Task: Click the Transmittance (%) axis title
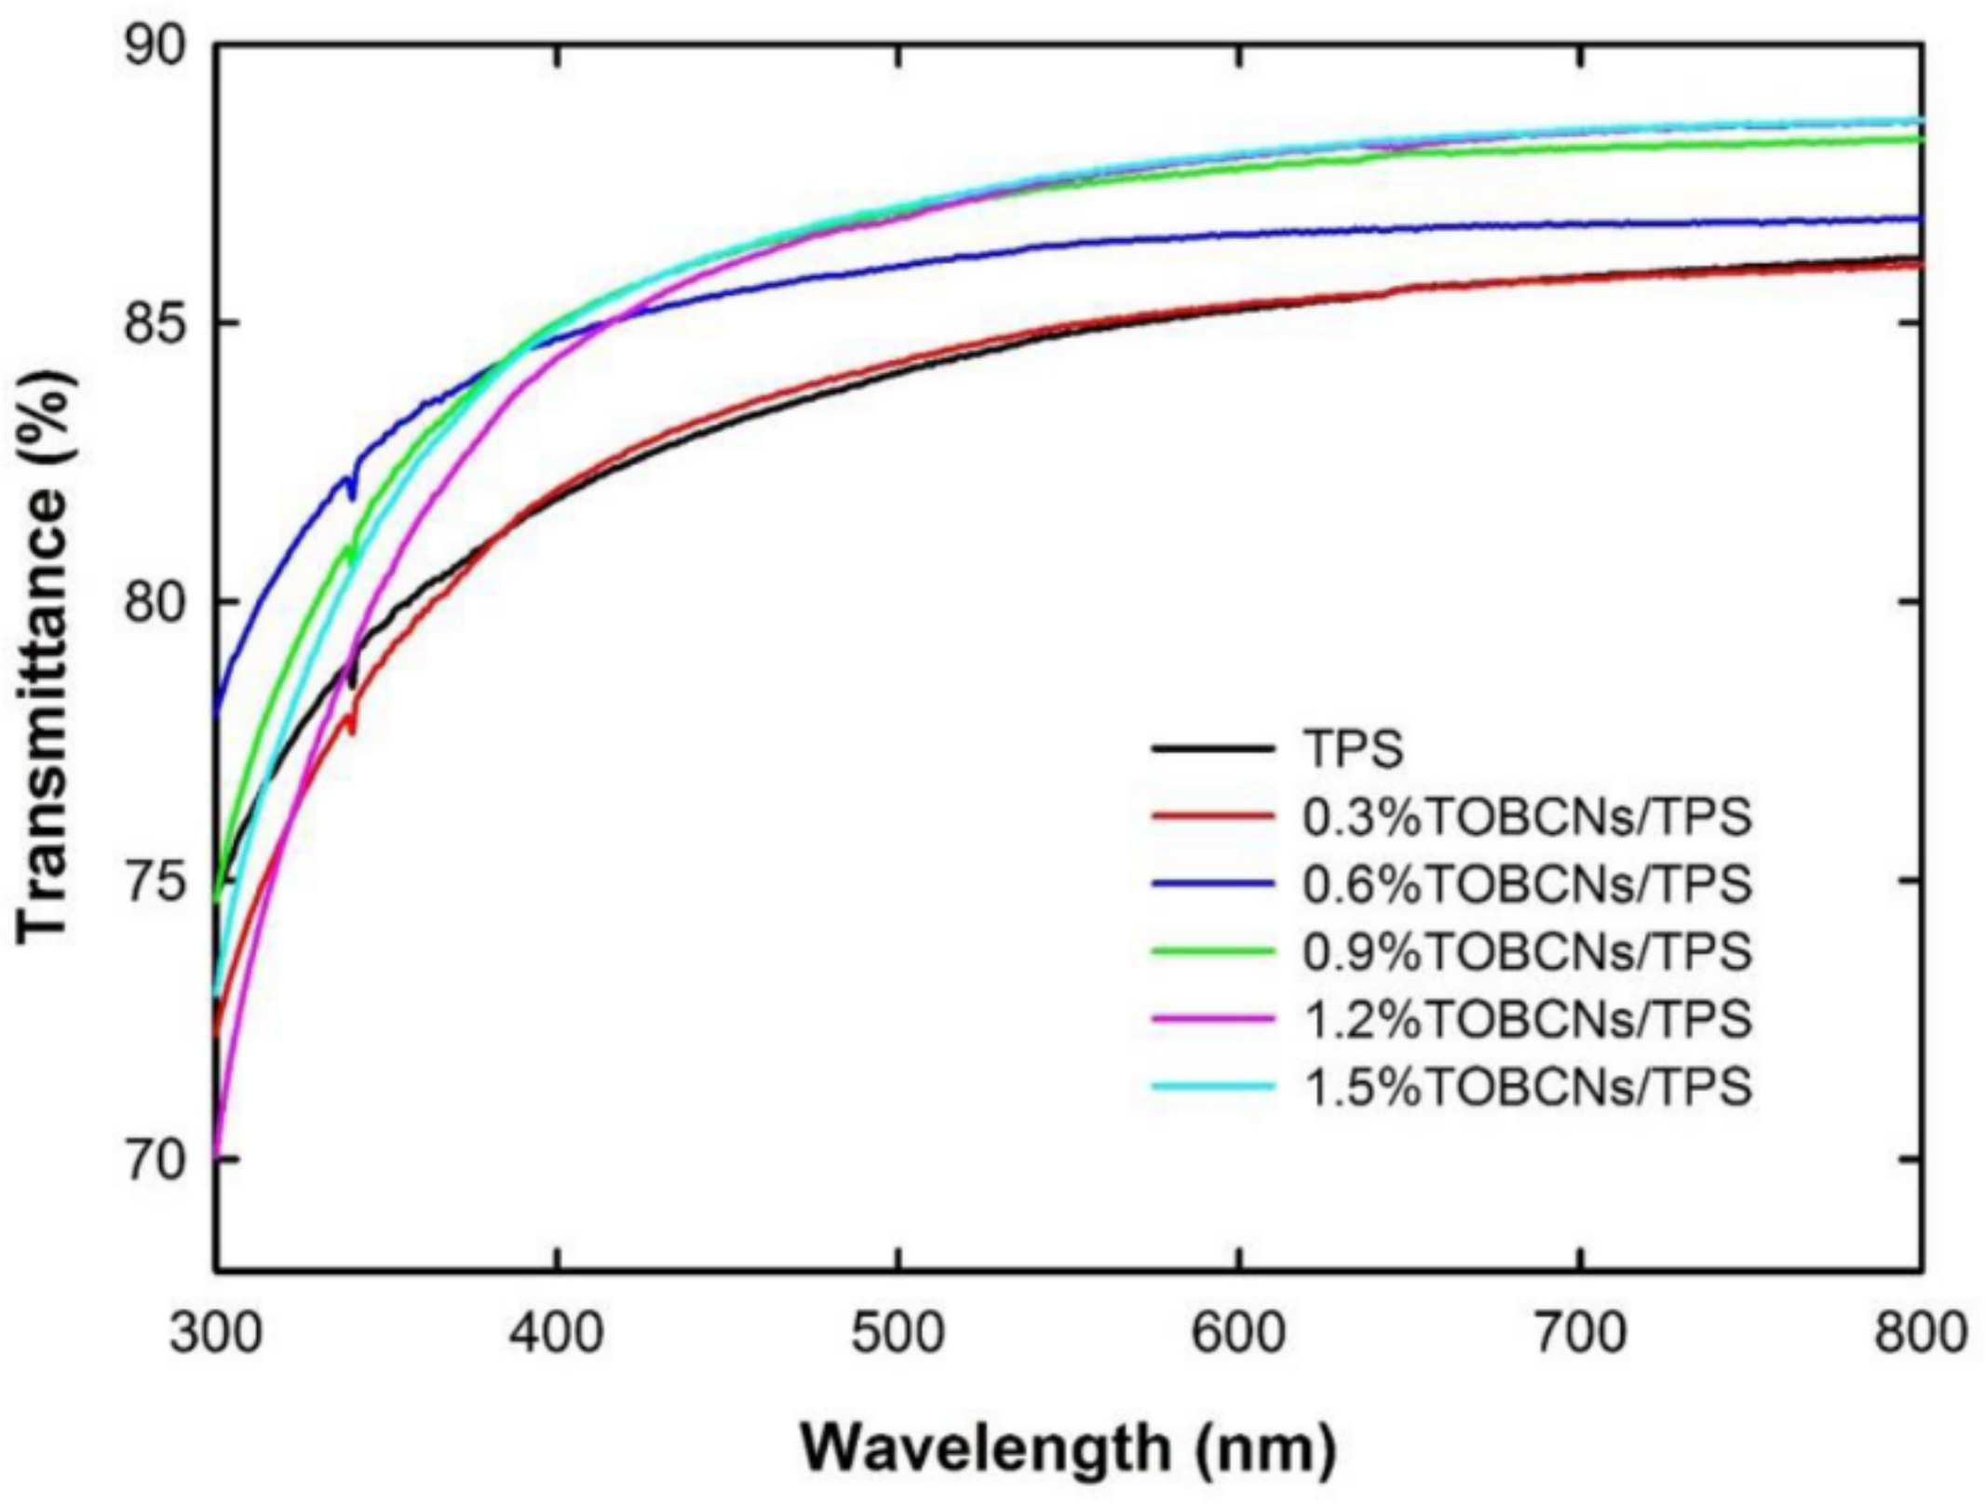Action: click(x=44, y=655)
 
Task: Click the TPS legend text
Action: click(x=1352, y=748)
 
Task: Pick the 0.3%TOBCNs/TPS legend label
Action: click(x=1527, y=816)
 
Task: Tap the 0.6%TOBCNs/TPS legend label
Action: click(x=1527, y=883)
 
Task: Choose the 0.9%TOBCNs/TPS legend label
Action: click(x=1527, y=950)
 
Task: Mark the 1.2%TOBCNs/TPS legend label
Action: click(x=1527, y=1018)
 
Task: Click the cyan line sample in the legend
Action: click(x=1212, y=1086)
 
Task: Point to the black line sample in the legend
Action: click(x=1212, y=748)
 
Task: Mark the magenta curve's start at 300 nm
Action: click(x=218, y=1154)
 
